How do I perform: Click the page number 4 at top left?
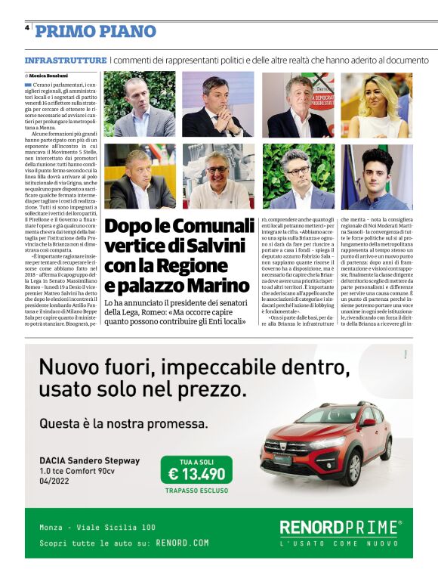27,26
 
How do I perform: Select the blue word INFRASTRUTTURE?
66,60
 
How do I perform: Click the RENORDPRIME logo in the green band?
339,527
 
